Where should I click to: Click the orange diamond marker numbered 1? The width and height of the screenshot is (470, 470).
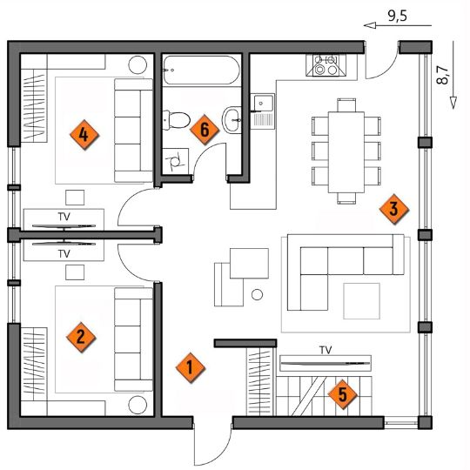click(x=190, y=367)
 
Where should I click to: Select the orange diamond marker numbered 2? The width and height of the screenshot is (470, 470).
click(x=81, y=337)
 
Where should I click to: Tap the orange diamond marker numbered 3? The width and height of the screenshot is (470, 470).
click(x=394, y=209)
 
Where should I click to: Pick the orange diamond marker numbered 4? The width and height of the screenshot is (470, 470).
click(x=84, y=135)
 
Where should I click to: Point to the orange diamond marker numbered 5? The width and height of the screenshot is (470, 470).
click(x=343, y=394)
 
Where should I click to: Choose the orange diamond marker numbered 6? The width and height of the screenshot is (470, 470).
click(x=205, y=130)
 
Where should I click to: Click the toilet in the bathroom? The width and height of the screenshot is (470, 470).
click(x=176, y=120)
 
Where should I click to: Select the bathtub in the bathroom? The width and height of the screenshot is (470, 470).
click(x=201, y=70)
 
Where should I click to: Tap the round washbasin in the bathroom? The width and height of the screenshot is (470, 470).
click(x=232, y=119)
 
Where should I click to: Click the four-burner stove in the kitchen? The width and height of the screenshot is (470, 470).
click(x=326, y=65)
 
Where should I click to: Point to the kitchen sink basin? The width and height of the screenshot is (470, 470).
click(x=264, y=103)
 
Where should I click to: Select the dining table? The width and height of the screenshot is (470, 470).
click(x=346, y=152)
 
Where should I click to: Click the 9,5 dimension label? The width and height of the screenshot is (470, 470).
click(x=398, y=16)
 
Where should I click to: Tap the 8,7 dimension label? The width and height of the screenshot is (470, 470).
click(x=443, y=75)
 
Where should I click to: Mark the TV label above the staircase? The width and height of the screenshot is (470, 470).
click(x=326, y=350)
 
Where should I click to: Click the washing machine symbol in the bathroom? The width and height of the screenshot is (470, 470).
click(x=175, y=161)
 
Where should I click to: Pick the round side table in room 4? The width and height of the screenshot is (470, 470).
click(x=138, y=64)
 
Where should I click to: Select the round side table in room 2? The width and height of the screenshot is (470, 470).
click(x=138, y=405)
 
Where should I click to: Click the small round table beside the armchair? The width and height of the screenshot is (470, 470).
click(x=257, y=295)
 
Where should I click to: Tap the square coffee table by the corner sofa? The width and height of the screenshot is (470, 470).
click(x=362, y=301)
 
